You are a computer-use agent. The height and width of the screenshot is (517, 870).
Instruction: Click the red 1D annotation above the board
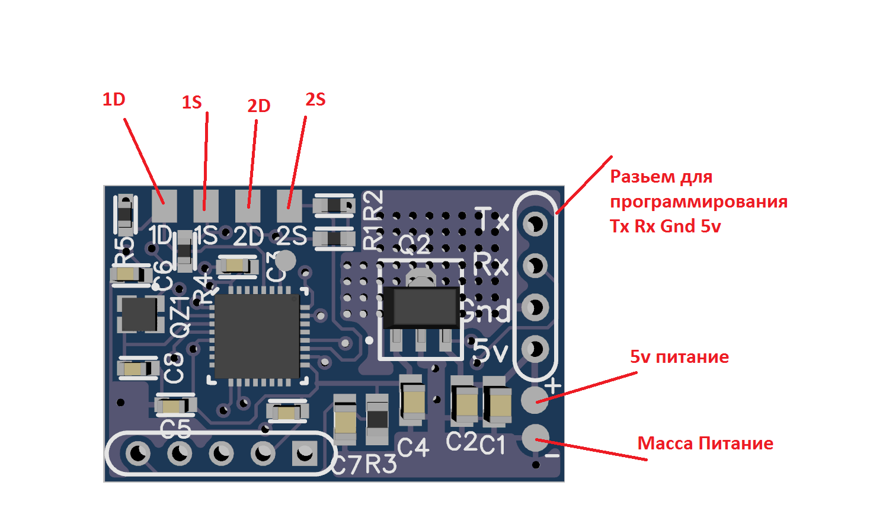(x=114, y=100)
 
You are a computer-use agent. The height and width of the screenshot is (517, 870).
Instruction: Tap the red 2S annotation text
(x=315, y=100)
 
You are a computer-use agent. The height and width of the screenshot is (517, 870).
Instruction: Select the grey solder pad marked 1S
(x=206, y=204)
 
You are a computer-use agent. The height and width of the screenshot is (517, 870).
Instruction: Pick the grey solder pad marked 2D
(x=248, y=204)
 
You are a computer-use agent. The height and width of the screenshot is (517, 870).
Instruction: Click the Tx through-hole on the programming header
(x=535, y=224)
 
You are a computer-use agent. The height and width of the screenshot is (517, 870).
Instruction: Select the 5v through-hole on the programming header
(x=535, y=349)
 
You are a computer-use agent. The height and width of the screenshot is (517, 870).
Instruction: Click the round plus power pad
(x=534, y=398)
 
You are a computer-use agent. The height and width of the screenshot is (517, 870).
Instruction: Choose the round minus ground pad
(x=535, y=438)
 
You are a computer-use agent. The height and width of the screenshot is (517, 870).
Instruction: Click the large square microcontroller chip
(x=257, y=336)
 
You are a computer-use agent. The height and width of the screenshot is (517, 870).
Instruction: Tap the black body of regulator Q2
(x=420, y=307)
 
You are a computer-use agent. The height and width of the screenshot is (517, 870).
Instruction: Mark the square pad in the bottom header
(x=305, y=454)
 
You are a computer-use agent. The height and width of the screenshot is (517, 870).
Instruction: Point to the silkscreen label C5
(x=175, y=428)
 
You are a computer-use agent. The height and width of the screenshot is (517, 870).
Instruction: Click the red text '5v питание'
(x=679, y=357)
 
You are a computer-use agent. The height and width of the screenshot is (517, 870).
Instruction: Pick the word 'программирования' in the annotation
(x=699, y=202)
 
